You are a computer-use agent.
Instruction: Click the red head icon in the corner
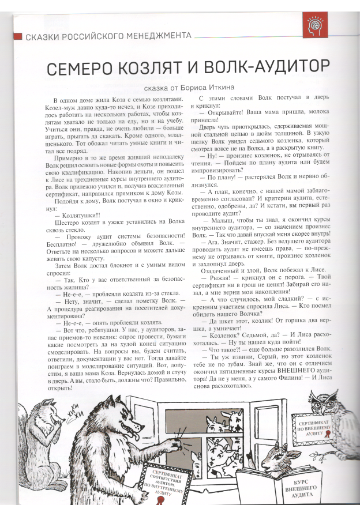click(x=315, y=27)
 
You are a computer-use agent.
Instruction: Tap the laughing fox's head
click(x=52, y=416)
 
